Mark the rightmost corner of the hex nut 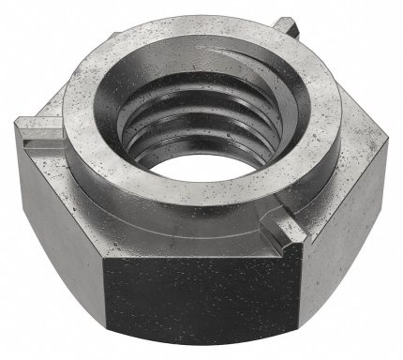[x=395, y=141]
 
